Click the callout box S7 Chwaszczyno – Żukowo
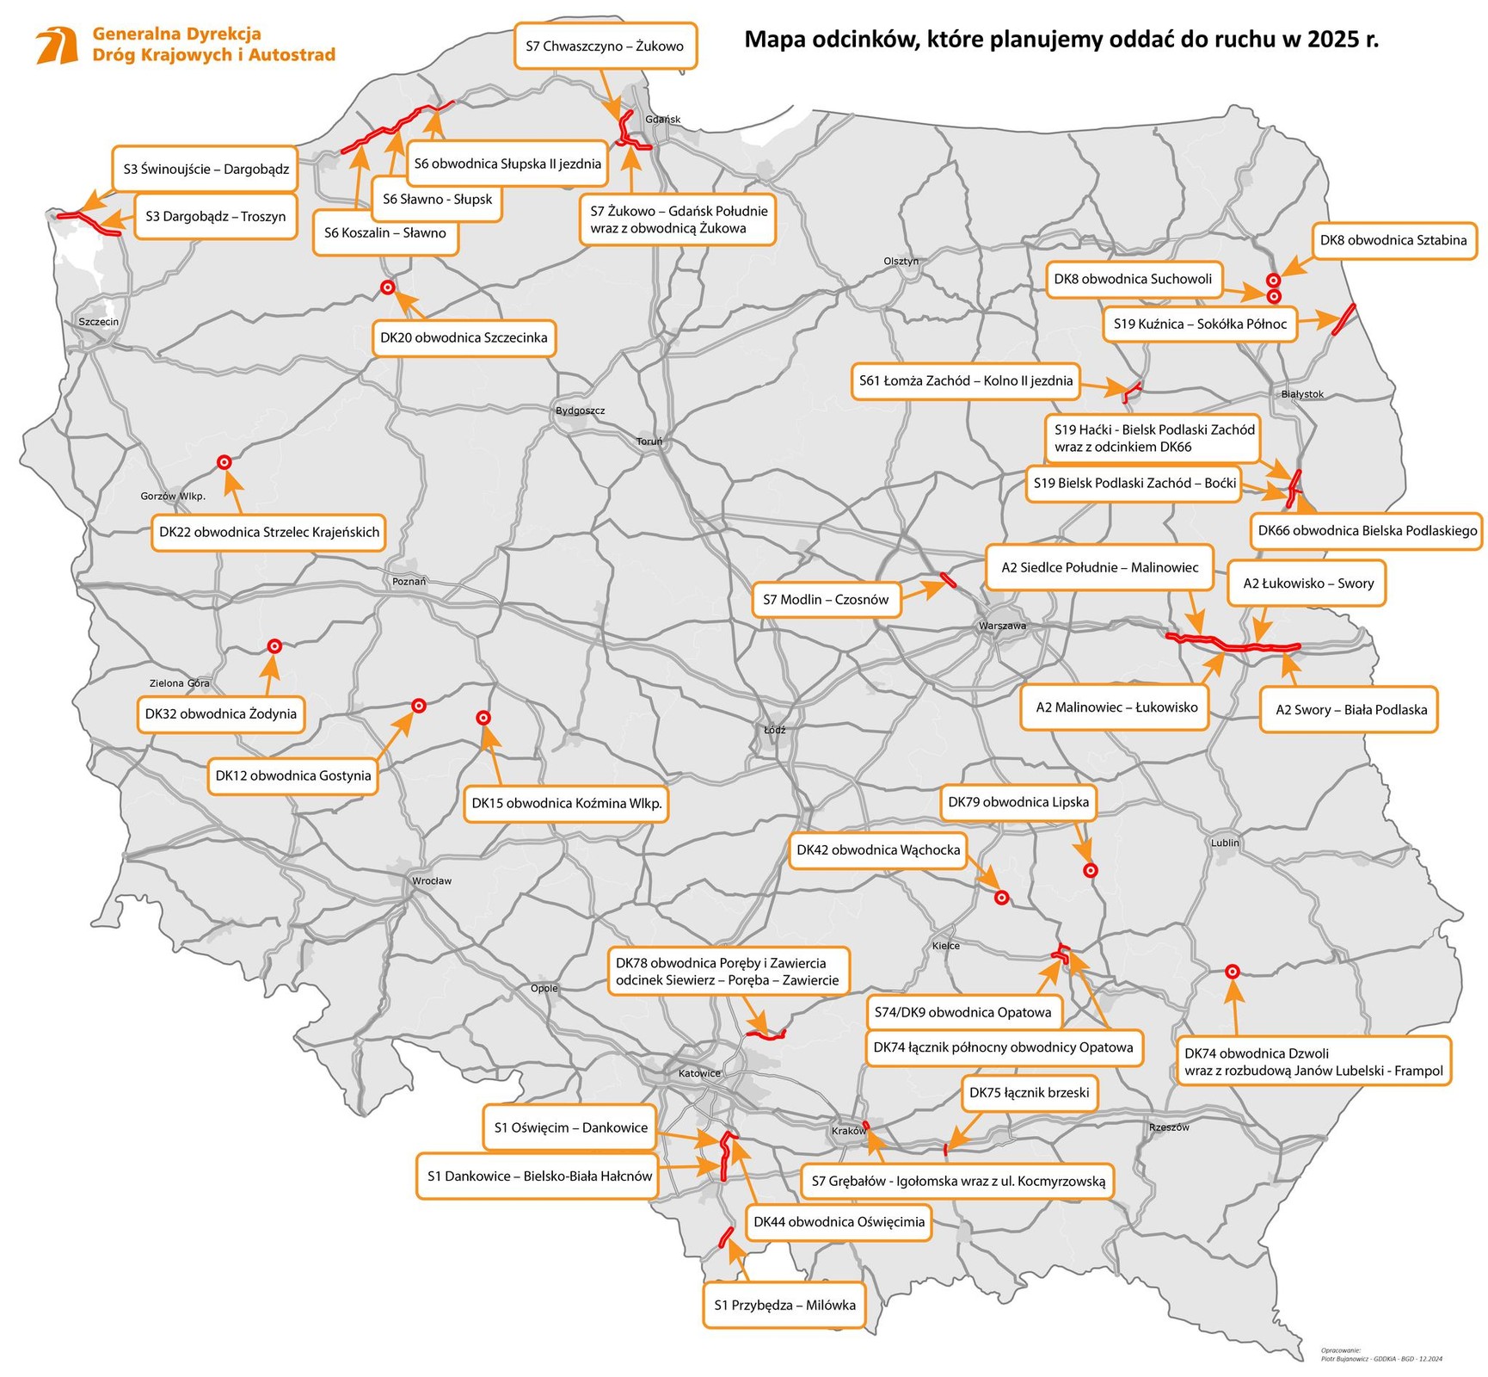tap(605, 46)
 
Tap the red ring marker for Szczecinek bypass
tap(388, 287)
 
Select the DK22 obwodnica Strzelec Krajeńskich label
tap(269, 532)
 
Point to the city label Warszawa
tap(1002, 626)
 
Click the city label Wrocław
tap(431, 880)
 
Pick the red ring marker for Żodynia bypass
tap(274, 645)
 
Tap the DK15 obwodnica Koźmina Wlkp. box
tap(566, 803)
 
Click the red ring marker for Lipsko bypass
tap(1090, 870)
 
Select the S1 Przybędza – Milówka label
tap(784, 1305)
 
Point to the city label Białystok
tap(1302, 394)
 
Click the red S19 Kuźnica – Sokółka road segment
tap(1344, 318)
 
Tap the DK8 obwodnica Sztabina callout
tap(1393, 240)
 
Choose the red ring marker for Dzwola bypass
tap(1232, 971)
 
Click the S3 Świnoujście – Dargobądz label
tap(206, 169)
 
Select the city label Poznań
tap(409, 581)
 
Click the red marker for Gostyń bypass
tap(419, 706)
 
